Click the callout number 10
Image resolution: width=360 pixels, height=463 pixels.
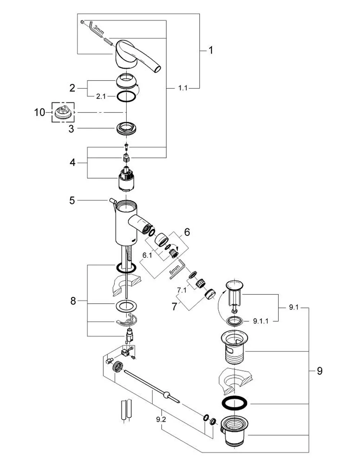pos(40,112)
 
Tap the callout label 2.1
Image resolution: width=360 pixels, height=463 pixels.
pos(101,96)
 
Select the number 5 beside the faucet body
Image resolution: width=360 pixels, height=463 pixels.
pos(72,200)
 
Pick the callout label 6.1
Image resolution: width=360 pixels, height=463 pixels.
pos(147,255)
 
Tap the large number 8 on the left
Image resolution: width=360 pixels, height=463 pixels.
pos(73,301)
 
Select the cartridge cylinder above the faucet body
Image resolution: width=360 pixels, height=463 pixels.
pos(127,178)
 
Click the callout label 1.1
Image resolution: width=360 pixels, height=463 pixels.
pos(183,88)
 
